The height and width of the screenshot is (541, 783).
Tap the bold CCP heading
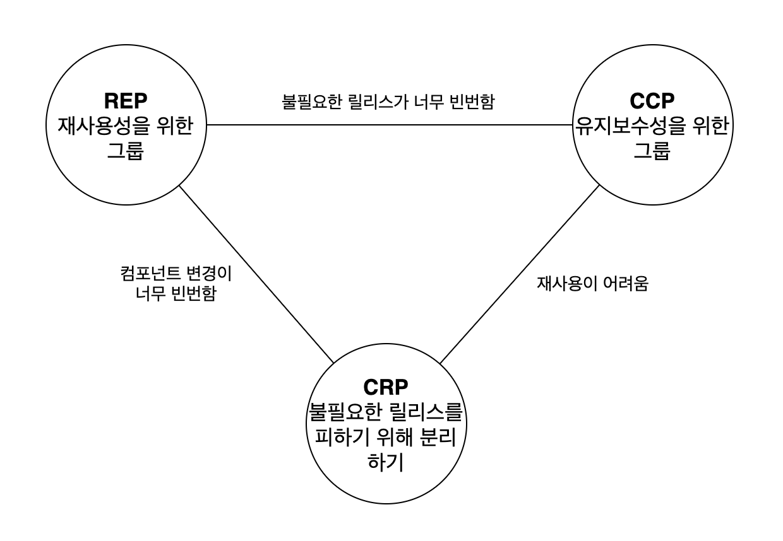pyautogui.click(x=652, y=101)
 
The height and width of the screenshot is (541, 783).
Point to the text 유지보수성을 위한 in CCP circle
pyautogui.click(x=652, y=126)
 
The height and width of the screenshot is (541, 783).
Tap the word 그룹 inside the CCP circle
pyautogui.click(x=652, y=151)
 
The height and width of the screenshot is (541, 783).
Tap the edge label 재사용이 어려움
pyautogui.click(x=593, y=284)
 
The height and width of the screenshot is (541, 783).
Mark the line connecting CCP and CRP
pyautogui.click(x=519, y=274)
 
